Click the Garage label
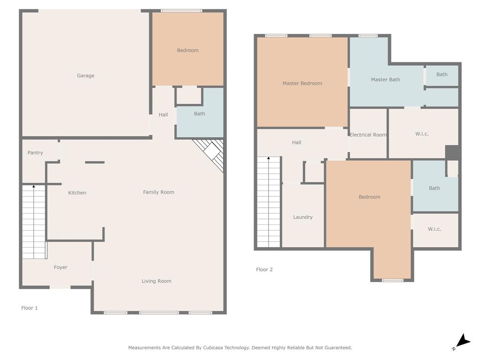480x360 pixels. click(85, 75)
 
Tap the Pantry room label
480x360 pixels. click(35, 153)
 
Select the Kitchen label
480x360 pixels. click(77, 193)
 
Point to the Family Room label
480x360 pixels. click(158, 192)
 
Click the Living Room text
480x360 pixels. click(157, 281)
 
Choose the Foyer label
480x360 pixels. click(60, 267)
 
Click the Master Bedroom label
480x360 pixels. click(302, 83)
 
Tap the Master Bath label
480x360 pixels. click(385, 80)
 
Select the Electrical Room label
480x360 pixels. click(368, 135)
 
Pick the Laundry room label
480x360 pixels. click(303, 217)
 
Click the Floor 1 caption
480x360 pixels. click(30, 308)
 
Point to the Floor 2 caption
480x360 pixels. click(264, 270)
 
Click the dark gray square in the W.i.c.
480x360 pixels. click(451, 152)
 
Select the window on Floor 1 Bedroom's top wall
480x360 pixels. click(181, 11)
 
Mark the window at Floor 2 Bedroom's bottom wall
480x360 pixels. click(392, 280)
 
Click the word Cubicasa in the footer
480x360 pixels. click(213, 348)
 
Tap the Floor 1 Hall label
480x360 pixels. click(163, 115)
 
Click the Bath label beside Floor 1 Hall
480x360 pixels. click(199, 114)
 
